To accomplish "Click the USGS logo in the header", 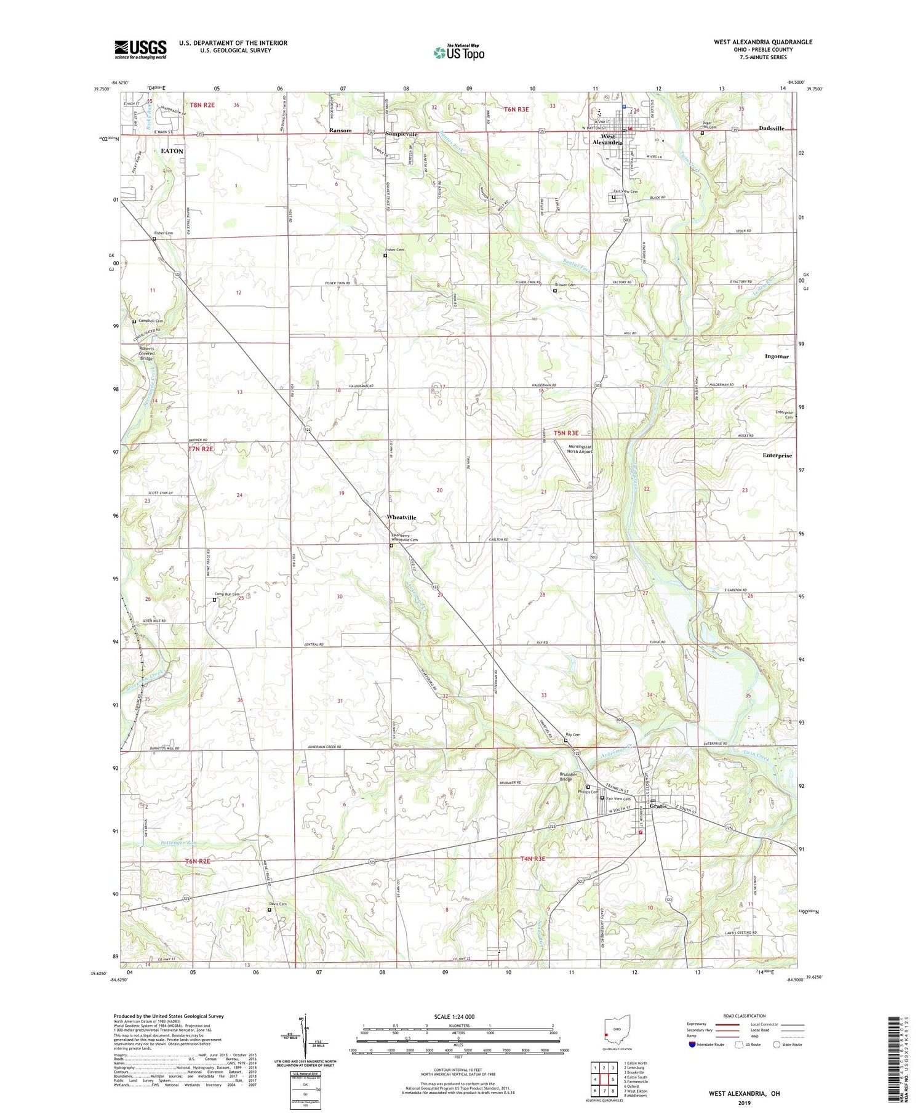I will [140, 49].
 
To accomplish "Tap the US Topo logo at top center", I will [458, 52].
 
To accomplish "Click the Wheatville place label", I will [401, 517].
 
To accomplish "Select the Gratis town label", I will [657, 806].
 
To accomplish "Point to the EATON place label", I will [172, 151].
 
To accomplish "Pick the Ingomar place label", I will [777, 356].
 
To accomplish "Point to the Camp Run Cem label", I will [226, 594].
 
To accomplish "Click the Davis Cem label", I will [278, 904].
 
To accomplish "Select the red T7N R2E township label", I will [201, 449].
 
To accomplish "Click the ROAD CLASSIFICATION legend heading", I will [745, 1016].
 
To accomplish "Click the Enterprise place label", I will [777, 456].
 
